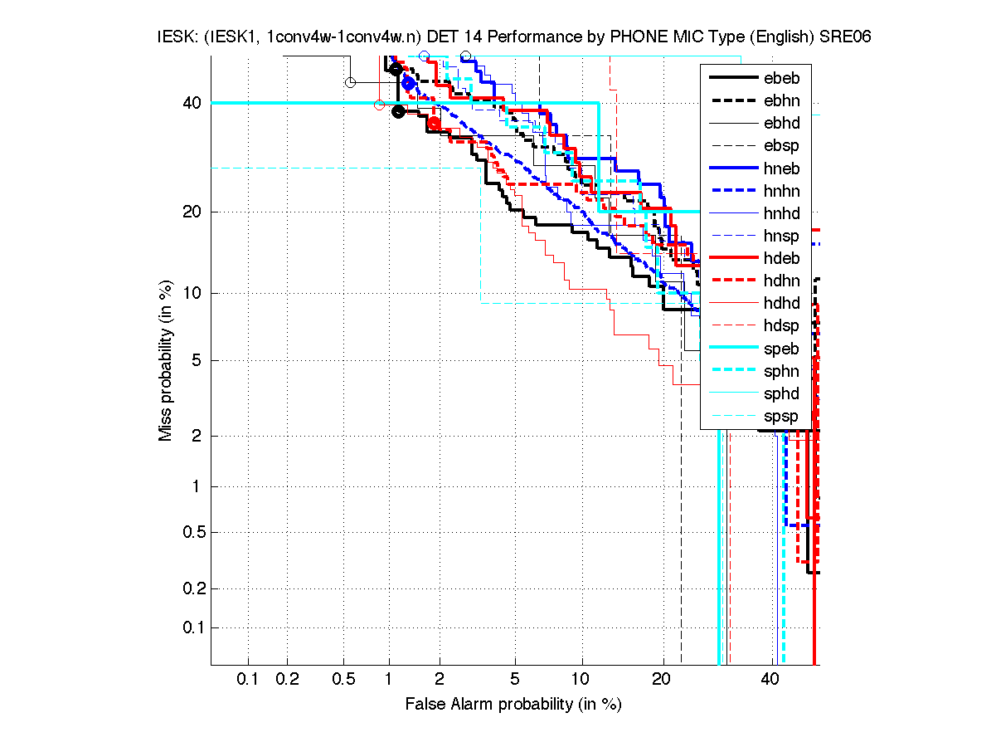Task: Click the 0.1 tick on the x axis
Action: click(x=248, y=680)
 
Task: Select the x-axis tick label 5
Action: click(x=515, y=680)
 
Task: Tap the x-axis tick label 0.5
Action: click(x=344, y=680)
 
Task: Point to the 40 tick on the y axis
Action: click(x=192, y=103)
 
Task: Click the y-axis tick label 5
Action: click(x=197, y=360)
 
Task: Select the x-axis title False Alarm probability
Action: click(x=513, y=705)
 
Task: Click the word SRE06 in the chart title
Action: click(x=847, y=37)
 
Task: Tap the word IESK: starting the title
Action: click(x=177, y=37)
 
